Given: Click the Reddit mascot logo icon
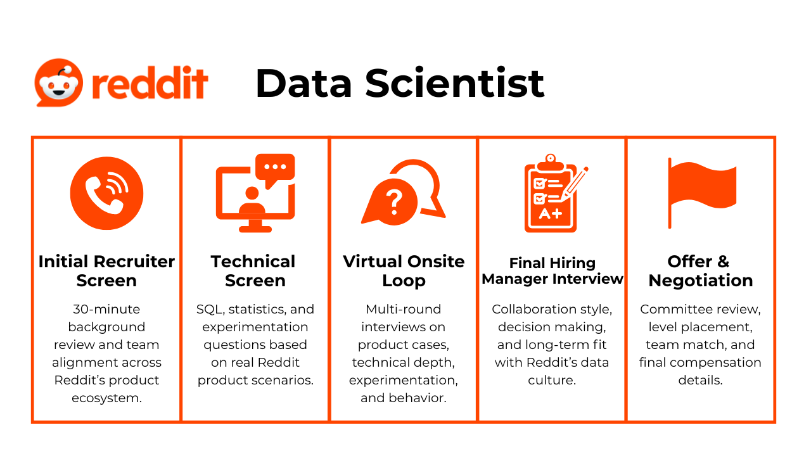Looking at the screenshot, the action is [59, 82].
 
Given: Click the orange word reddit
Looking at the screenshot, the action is [150, 82].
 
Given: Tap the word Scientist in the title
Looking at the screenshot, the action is [454, 83].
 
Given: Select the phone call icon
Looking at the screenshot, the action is [107, 193].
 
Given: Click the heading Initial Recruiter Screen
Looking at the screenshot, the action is [106, 270].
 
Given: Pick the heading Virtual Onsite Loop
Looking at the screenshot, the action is [404, 270].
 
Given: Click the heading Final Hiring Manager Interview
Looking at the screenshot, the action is [552, 270].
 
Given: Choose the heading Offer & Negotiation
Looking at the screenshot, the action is [701, 270].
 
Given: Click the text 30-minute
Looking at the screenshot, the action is [106, 309].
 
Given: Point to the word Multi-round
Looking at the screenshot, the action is [404, 309].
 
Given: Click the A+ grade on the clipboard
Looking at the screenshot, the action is [551, 214].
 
